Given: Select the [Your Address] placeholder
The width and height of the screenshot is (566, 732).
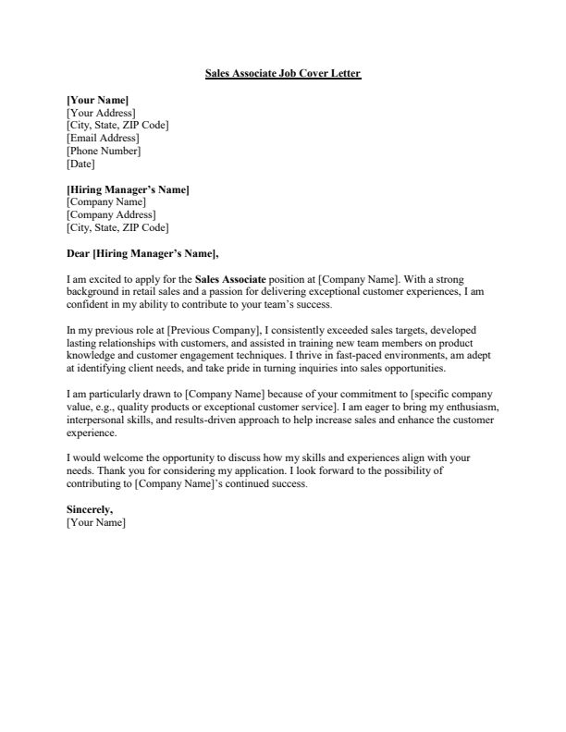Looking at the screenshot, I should pos(102,113).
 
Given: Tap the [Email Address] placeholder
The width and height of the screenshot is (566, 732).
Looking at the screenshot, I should pos(104,139).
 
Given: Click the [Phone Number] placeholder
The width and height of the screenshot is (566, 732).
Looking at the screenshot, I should pos(104,152).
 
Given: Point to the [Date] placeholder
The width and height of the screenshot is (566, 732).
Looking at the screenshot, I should pos(81,165).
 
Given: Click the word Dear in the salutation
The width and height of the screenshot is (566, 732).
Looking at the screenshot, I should pos(79,252).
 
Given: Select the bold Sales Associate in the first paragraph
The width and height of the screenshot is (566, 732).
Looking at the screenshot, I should pos(230,278).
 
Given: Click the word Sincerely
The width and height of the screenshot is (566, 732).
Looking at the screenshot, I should pos(92,509).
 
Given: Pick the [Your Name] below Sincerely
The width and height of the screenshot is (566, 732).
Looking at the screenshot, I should pos(96,522).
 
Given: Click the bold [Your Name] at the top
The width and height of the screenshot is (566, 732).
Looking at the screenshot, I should pos(98,100).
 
